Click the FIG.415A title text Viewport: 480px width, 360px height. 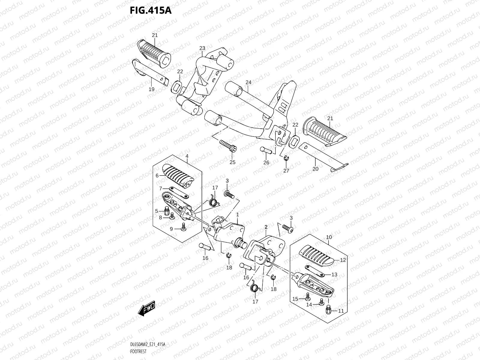click(150, 10)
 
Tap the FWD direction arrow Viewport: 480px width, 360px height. click(146, 308)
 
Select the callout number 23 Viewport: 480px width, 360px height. click(202, 48)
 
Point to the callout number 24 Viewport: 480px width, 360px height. click(248, 82)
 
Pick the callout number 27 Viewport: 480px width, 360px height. click(286, 170)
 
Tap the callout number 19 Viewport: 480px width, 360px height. click(151, 89)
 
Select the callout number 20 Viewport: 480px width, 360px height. click(315, 169)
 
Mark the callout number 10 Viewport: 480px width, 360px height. click(329, 237)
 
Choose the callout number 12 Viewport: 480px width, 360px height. click(343, 260)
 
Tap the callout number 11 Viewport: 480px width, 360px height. click(341, 311)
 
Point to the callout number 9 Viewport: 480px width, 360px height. click(171, 229)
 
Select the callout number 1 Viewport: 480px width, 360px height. click(237, 215)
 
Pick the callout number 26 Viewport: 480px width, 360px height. click(266, 163)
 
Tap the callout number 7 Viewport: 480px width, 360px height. click(160, 188)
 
